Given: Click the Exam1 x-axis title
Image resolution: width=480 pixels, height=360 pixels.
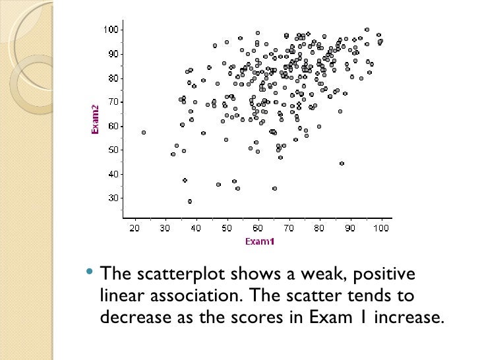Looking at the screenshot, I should (259, 241).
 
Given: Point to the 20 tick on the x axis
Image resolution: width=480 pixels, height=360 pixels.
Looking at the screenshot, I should (135, 228).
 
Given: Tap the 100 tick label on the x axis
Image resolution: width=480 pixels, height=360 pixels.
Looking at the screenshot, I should (380, 228).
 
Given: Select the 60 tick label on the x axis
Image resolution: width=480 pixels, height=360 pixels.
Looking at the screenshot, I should (258, 228).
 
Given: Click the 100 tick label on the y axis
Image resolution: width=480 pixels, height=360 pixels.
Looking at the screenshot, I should (109, 30).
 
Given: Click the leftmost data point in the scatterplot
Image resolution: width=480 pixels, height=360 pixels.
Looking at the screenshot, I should (144, 133).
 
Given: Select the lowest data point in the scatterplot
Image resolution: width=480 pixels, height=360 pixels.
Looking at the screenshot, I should (190, 202).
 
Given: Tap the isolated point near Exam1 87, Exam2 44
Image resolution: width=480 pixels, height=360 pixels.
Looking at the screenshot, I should (342, 164).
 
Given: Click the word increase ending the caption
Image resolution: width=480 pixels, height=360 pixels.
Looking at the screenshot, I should (407, 316).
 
